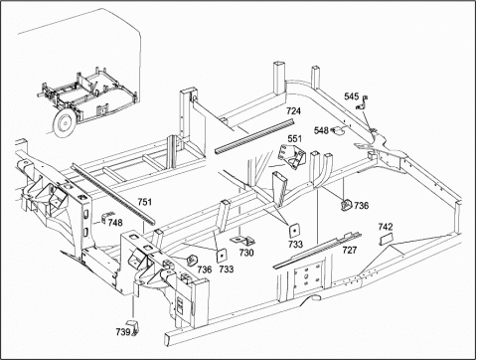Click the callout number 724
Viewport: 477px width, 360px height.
293,111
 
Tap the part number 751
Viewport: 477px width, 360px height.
145,202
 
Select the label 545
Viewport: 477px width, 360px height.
351,96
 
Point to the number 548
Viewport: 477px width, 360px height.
321,130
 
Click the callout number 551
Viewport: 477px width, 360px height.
294,138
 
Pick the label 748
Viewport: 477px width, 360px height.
115,223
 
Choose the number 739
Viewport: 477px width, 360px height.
123,331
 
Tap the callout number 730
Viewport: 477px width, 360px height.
246,253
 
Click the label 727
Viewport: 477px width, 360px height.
350,250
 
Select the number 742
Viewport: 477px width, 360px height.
386,227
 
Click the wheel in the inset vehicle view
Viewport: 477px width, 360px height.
65,121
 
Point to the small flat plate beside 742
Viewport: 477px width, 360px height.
386,239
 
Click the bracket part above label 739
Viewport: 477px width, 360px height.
133,326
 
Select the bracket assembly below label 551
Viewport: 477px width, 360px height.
292,156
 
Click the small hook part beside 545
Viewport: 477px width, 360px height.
363,102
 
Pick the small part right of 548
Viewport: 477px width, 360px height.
338,131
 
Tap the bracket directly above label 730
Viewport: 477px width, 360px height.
242,240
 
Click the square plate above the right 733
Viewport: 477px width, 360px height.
294,230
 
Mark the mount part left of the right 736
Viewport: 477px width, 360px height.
347,204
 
